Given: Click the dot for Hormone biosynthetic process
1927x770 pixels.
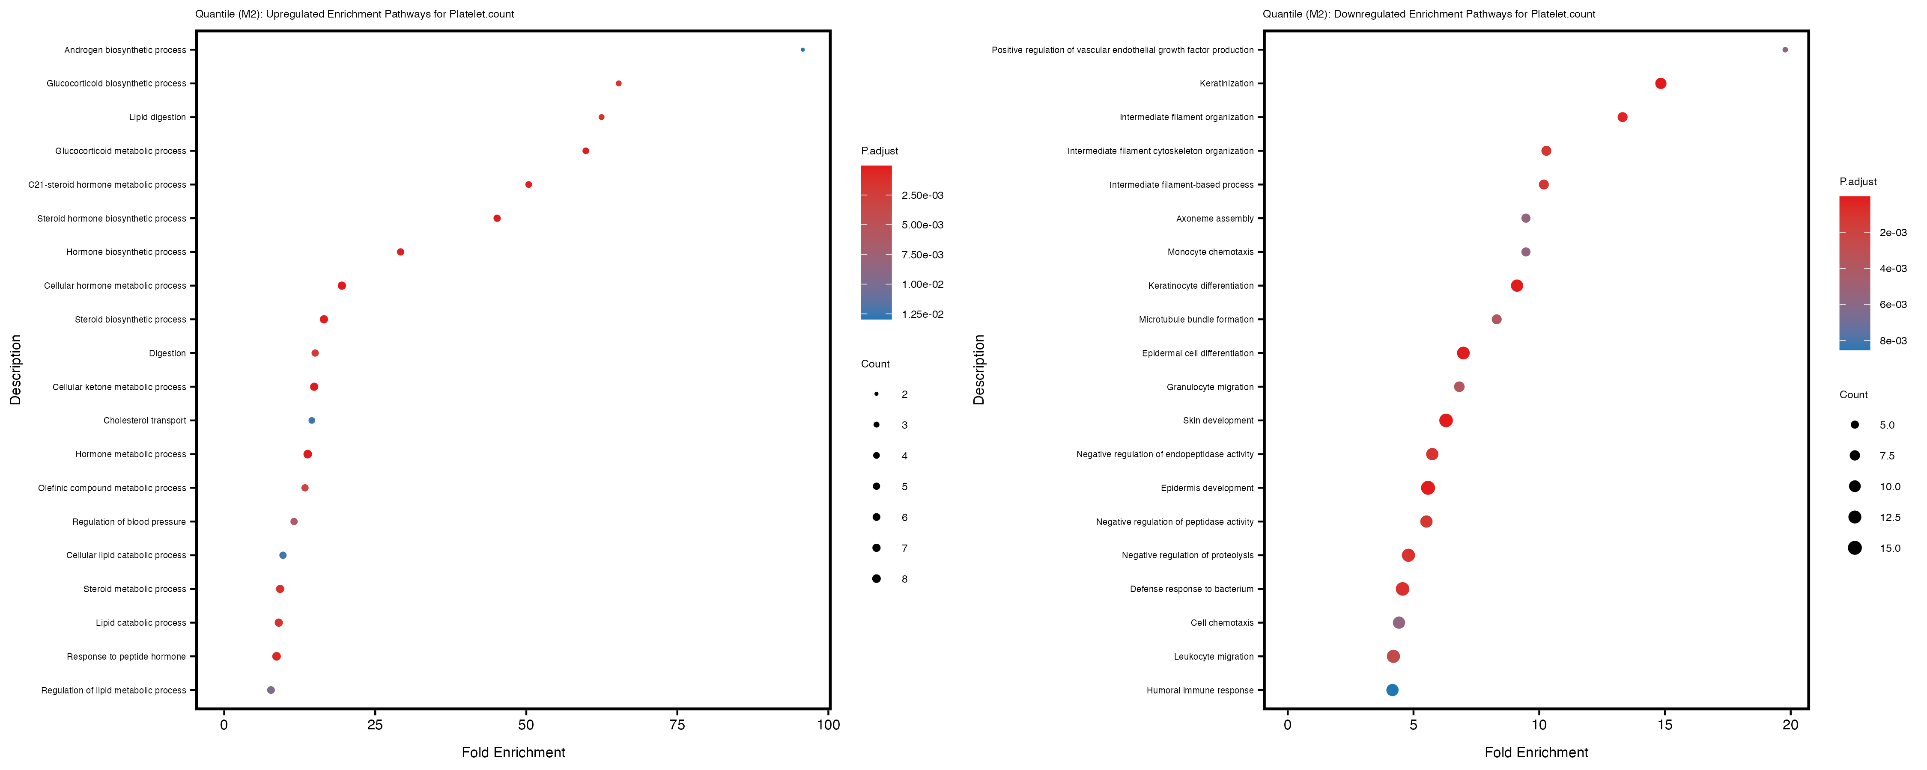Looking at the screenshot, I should click(x=400, y=252).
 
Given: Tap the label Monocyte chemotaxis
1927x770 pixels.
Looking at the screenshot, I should click(x=1210, y=252).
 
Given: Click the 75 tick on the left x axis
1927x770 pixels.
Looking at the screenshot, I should click(x=677, y=724).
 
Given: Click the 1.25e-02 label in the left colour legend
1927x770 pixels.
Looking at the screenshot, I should click(x=922, y=314).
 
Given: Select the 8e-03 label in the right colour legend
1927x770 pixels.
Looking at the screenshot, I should click(x=1893, y=341).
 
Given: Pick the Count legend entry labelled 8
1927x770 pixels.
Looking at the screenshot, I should click(x=904, y=579).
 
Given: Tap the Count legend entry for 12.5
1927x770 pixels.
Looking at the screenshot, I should click(x=1890, y=517).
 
